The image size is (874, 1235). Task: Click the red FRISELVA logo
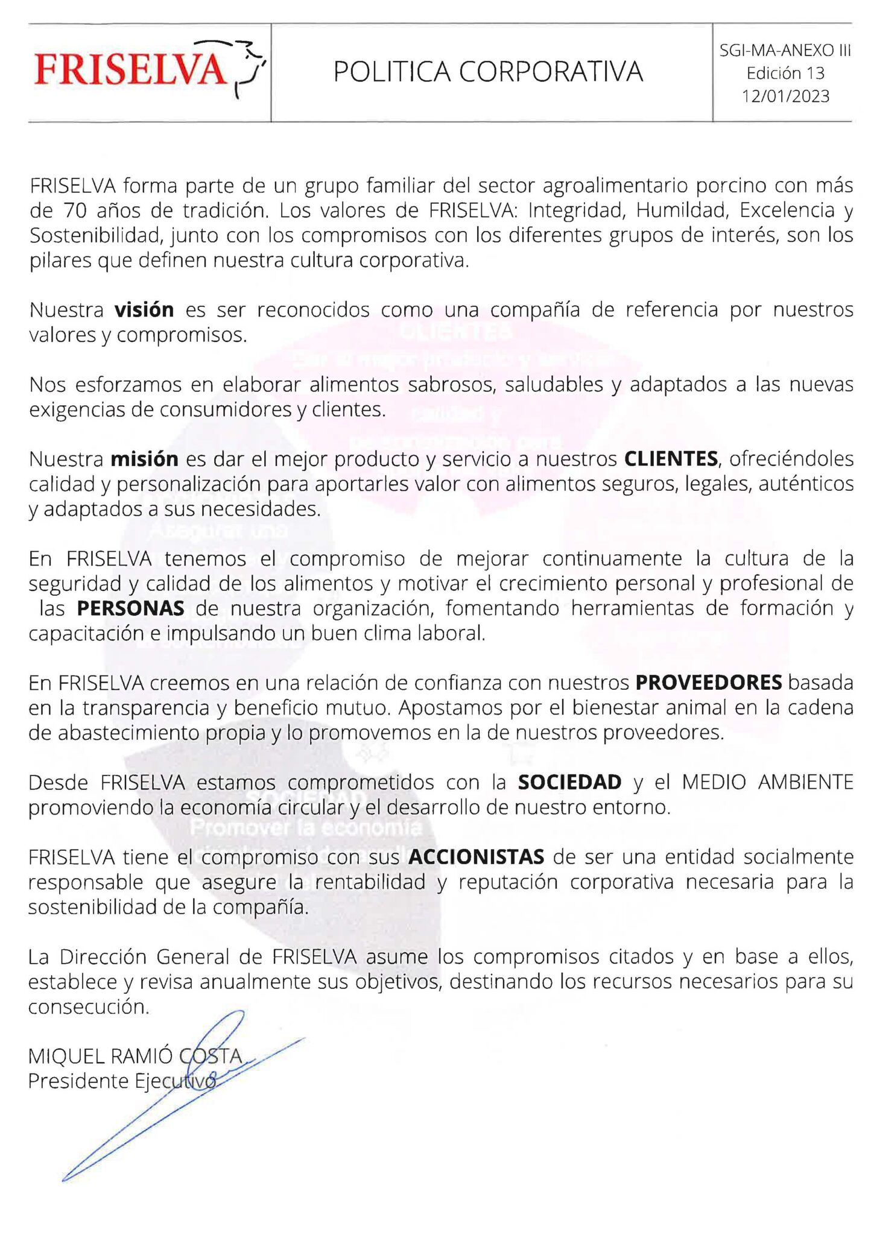pos(130,70)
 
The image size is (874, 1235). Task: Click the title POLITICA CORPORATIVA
pos(488,72)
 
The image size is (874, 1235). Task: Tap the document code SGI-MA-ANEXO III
pos(785,51)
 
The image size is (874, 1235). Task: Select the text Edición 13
pos(785,74)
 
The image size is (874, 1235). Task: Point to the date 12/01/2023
pos(785,96)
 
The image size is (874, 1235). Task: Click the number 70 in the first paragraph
pos(75,210)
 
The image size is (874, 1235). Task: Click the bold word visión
pos(144,310)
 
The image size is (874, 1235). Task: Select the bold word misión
pos(144,460)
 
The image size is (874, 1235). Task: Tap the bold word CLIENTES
pos(671,460)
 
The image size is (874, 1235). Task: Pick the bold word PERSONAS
pos(130,608)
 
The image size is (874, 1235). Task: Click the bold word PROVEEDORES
pos(709,683)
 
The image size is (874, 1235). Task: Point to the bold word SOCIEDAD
pos(569,782)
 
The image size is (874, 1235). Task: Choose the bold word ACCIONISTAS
pos(476,857)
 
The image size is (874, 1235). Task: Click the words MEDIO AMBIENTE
pos(767,782)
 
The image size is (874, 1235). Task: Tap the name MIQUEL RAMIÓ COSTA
pos(135,1056)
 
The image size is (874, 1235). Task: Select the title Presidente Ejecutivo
pos(122,1081)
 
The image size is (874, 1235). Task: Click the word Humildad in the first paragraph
pos(682,210)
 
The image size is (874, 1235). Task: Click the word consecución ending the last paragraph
pos(88,1006)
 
